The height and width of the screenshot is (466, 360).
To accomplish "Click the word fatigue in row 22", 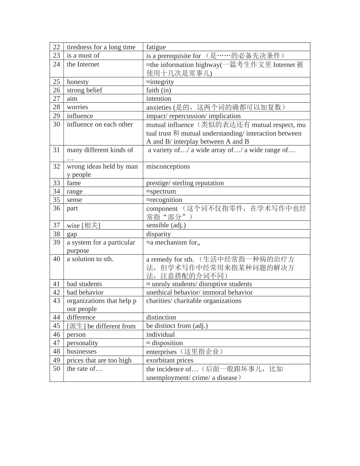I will pos(156,47).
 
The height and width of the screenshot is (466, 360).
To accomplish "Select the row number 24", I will pos(56,64).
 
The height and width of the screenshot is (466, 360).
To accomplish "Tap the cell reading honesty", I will pos(78,82).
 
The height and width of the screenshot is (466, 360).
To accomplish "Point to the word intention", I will pos(159,99).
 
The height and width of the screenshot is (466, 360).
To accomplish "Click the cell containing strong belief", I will pos(85,90).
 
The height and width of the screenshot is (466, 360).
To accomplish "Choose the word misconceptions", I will pos(168,167).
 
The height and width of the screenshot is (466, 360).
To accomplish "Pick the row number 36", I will pos(56,208).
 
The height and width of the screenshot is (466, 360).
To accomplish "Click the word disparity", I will pos(158,234).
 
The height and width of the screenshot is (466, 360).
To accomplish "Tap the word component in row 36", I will pos(162,209).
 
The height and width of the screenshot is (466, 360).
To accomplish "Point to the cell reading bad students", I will pos(84,284).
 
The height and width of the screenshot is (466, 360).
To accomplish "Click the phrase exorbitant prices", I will pos(170,360).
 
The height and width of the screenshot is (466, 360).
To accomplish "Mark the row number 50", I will pos(56,369).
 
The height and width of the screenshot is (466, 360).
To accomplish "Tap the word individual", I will pos(161,335).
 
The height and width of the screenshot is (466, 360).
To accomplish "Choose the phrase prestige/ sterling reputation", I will pos(185,183).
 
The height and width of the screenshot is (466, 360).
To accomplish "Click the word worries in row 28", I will pos(77,107).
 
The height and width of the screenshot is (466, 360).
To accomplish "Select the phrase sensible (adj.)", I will pos(166,225).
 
